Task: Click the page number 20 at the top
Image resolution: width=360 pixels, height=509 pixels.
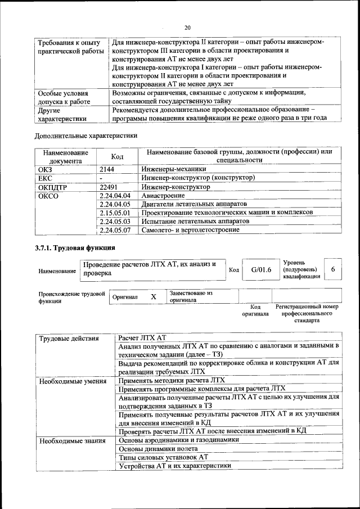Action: (x=187, y=28)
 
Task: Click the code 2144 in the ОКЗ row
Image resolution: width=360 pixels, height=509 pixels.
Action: (x=107, y=169)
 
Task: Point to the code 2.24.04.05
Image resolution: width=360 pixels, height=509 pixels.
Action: (x=114, y=204)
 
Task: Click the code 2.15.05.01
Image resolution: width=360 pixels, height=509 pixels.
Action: (x=114, y=213)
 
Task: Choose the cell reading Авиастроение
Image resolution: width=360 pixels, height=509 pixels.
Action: (x=163, y=195)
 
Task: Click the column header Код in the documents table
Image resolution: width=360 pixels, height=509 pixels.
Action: (x=117, y=156)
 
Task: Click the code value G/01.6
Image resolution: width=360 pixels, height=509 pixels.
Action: (x=261, y=269)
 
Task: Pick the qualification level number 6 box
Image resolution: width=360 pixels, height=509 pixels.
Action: (x=333, y=269)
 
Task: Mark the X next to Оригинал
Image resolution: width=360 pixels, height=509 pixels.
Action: (x=153, y=296)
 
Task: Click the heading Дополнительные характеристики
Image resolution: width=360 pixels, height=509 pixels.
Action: (x=86, y=136)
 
